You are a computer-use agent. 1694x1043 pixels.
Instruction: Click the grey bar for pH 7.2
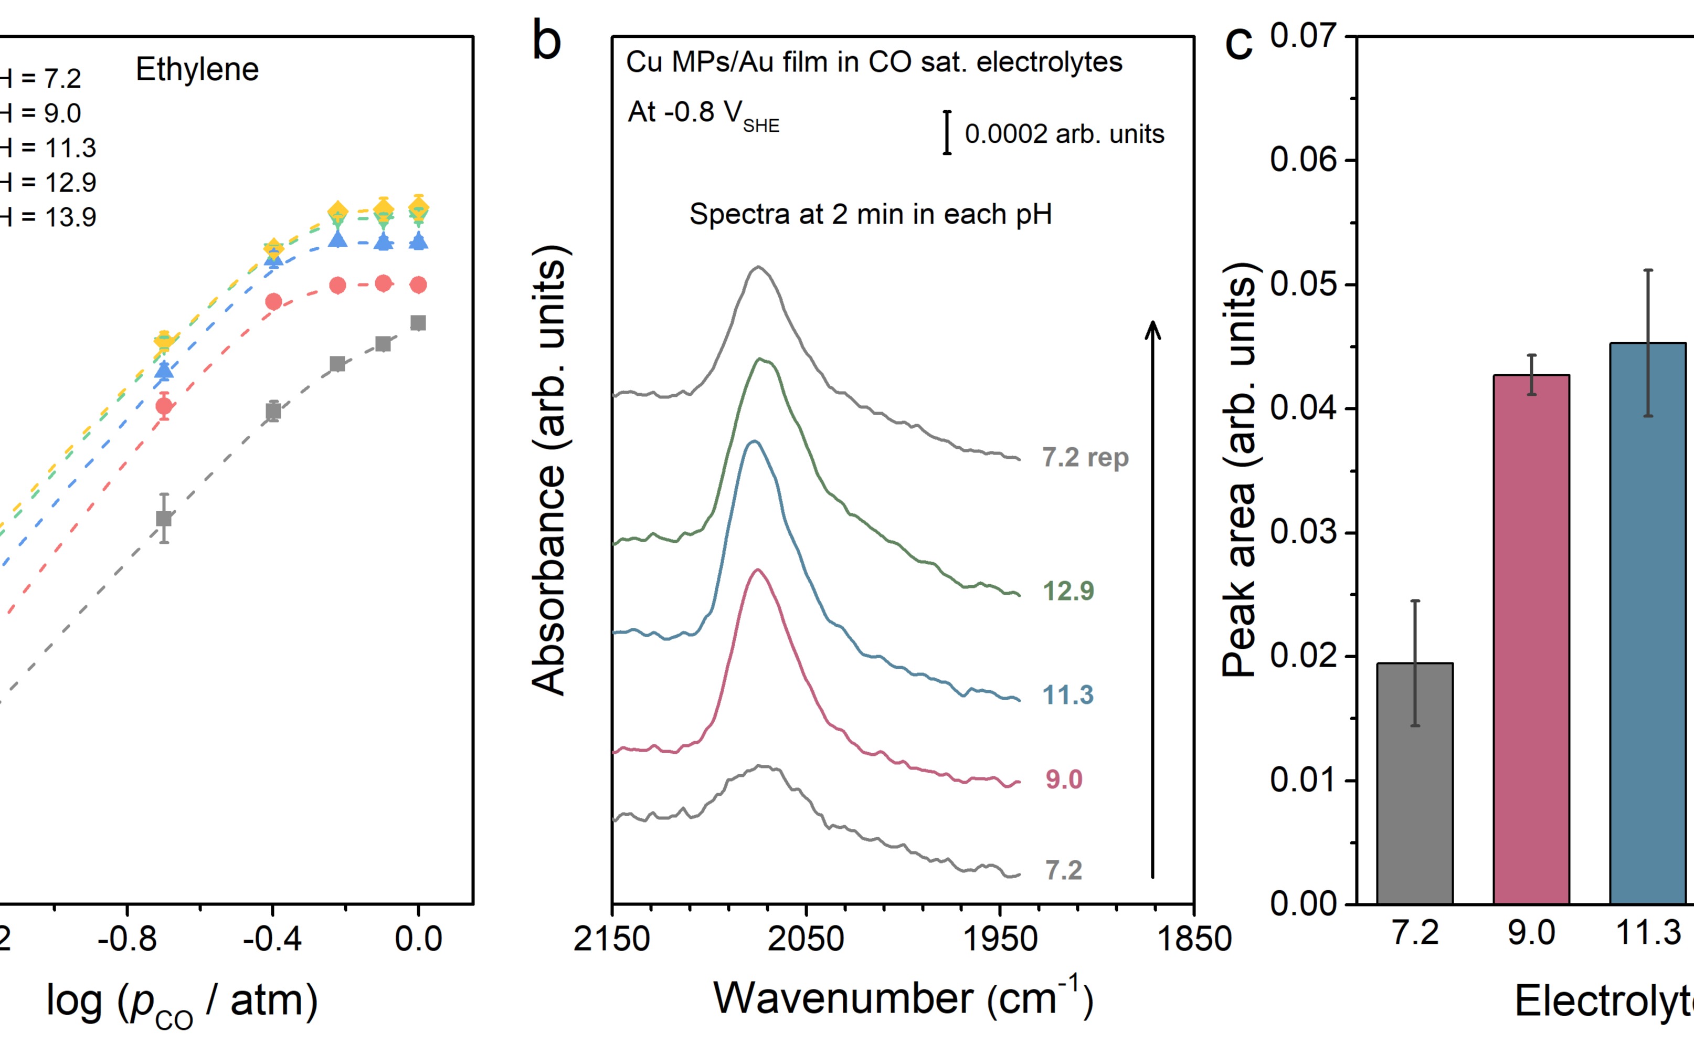click(x=1415, y=783)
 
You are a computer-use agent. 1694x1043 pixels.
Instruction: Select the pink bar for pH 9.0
click(x=1531, y=639)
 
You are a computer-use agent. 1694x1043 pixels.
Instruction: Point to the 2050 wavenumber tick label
click(x=806, y=939)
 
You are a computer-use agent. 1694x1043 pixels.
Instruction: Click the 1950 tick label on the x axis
click(x=1000, y=939)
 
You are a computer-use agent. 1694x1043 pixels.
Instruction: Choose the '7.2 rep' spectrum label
click(x=1085, y=457)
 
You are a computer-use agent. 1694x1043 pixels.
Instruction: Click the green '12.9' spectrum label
click(x=1068, y=591)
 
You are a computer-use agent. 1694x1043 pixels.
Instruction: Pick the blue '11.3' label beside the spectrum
click(x=1068, y=694)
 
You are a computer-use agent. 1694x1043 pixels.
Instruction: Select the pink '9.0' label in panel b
click(x=1064, y=779)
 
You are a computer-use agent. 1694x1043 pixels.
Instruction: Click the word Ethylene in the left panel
click(x=197, y=70)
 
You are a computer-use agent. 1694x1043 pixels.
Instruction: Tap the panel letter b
click(x=547, y=41)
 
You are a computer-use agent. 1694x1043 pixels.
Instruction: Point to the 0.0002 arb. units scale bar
click(x=947, y=132)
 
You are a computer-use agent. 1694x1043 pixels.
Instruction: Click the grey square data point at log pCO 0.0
click(x=418, y=323)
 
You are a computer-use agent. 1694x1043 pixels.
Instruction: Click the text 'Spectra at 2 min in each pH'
click(x=870, y=215)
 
